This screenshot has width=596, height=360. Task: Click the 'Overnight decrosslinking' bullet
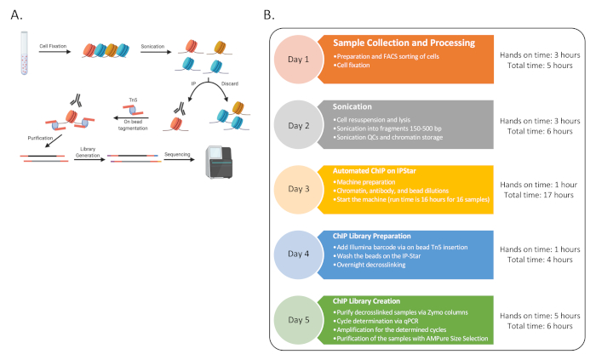pos(381,266)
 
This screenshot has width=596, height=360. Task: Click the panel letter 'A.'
pos(13,14)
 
